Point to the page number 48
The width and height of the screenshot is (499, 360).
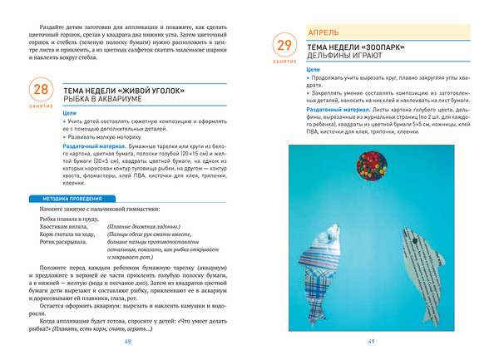click(127, 342)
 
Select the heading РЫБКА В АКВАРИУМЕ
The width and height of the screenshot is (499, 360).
click(102, 99)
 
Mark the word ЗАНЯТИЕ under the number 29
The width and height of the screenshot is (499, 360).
click(284, 62)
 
